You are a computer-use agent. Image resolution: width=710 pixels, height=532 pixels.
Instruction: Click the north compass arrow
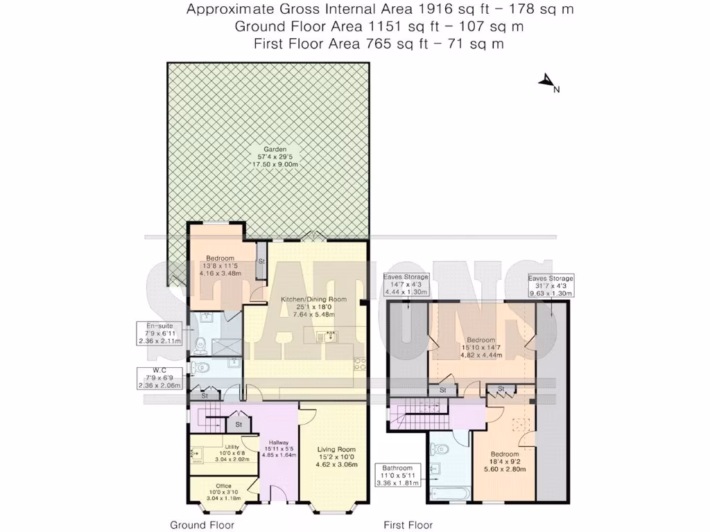546,82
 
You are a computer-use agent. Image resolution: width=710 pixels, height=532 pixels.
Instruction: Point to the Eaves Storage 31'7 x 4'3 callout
551,285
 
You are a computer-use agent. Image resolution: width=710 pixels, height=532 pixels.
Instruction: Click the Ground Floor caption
202,525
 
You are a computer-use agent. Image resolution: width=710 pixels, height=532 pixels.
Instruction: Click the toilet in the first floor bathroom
444,450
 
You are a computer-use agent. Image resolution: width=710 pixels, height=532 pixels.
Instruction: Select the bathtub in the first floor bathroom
449,493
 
